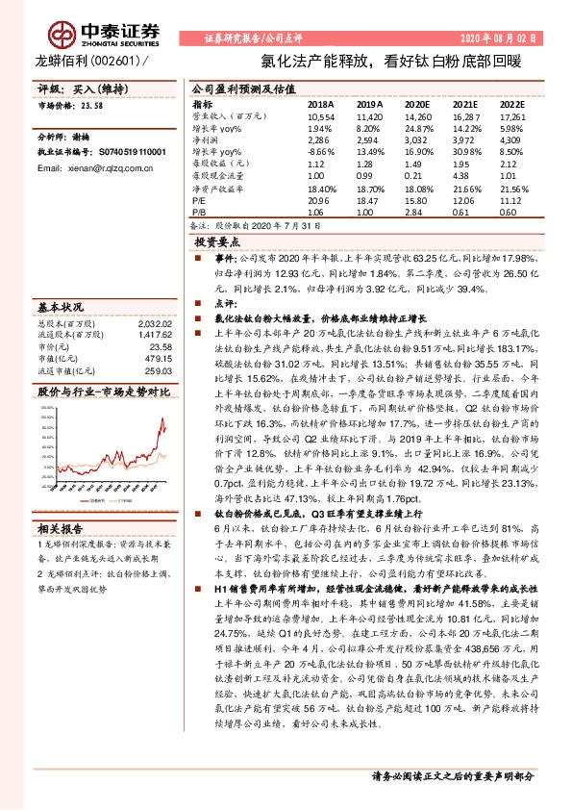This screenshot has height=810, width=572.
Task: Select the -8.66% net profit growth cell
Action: click(320, 153)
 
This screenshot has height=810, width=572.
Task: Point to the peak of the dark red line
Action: click(160, 419)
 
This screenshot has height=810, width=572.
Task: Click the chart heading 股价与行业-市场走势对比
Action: click(103, 392)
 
